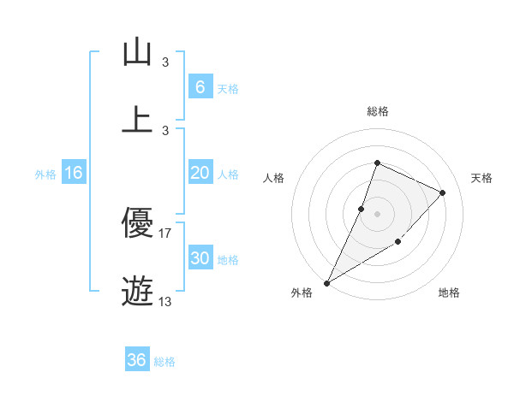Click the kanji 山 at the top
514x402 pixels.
(x=137, y=53)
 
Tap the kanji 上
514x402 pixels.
(x=137, y=120)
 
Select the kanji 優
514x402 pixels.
(x=137, y=224)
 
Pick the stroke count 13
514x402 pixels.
(x=165, y=302)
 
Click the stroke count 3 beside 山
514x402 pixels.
(x=165, y=62)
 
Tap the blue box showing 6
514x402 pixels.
(x=200, y=86)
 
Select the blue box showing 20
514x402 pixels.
(x=200, y=173)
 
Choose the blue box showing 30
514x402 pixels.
(x=200, y=259)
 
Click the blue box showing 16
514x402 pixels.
(x=74, y=173)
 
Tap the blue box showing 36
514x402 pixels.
(x=137, y=360)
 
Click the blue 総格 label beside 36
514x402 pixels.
(x=164, y=362)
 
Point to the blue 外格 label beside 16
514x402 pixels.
(x=45, y=174)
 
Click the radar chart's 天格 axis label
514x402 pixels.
(x=481, y=178)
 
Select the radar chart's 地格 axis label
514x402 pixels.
(x=449, y=293)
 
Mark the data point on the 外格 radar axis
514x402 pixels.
(x=326, y=282)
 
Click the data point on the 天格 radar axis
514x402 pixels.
(x=442, y=192)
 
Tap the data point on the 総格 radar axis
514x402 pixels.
(x=377, y=163)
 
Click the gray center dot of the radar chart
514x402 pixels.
(x=377, y=214)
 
